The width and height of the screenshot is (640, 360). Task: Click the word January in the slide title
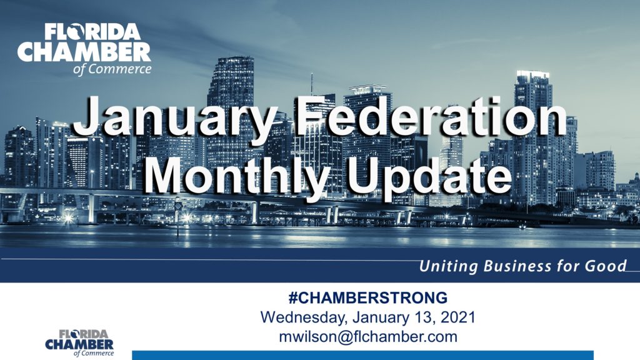175,117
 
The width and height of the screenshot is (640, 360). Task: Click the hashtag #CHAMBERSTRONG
367,298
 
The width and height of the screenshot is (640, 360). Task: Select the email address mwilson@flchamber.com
367,337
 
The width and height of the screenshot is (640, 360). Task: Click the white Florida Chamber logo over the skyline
84,49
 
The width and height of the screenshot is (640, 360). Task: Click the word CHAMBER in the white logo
84,52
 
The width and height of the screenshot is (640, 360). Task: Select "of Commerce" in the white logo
112,69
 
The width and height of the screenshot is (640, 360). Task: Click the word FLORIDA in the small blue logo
84,334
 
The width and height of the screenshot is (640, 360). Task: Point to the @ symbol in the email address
345,337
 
